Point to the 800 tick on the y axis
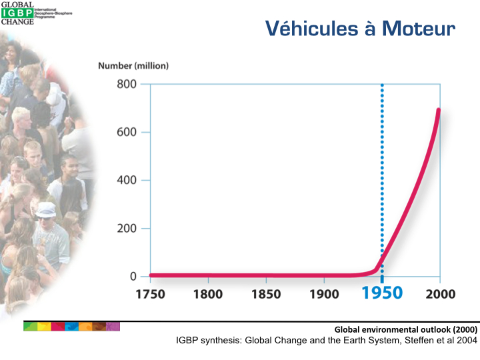127,84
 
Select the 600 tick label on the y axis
127,132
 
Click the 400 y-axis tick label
127,180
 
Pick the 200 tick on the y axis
127,228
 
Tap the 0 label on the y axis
133,276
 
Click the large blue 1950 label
382,293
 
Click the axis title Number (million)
133,65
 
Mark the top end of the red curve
439,110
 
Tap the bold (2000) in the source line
460,329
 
